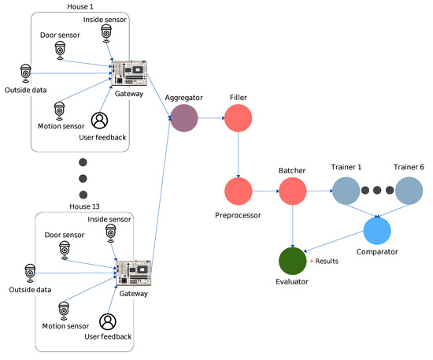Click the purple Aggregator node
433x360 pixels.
pyautogui.click(x=184, y=120)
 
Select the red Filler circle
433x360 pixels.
pyautogui.click(x=238, y=120)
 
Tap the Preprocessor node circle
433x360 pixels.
pyautogui.click(x=238, y=191)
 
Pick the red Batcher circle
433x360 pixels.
pyautogui.click(x=292, y=191)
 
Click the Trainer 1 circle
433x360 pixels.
pyautogui.click(x=346, y=191)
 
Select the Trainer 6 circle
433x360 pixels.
pyautogui.click(x=409, y=191)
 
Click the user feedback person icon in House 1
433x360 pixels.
pyautogui.click(x=100, y=121)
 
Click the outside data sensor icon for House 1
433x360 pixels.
pyautogui.click(x=26, y=72)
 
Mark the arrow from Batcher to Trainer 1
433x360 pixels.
pyautogui.click(x=318, y=191)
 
